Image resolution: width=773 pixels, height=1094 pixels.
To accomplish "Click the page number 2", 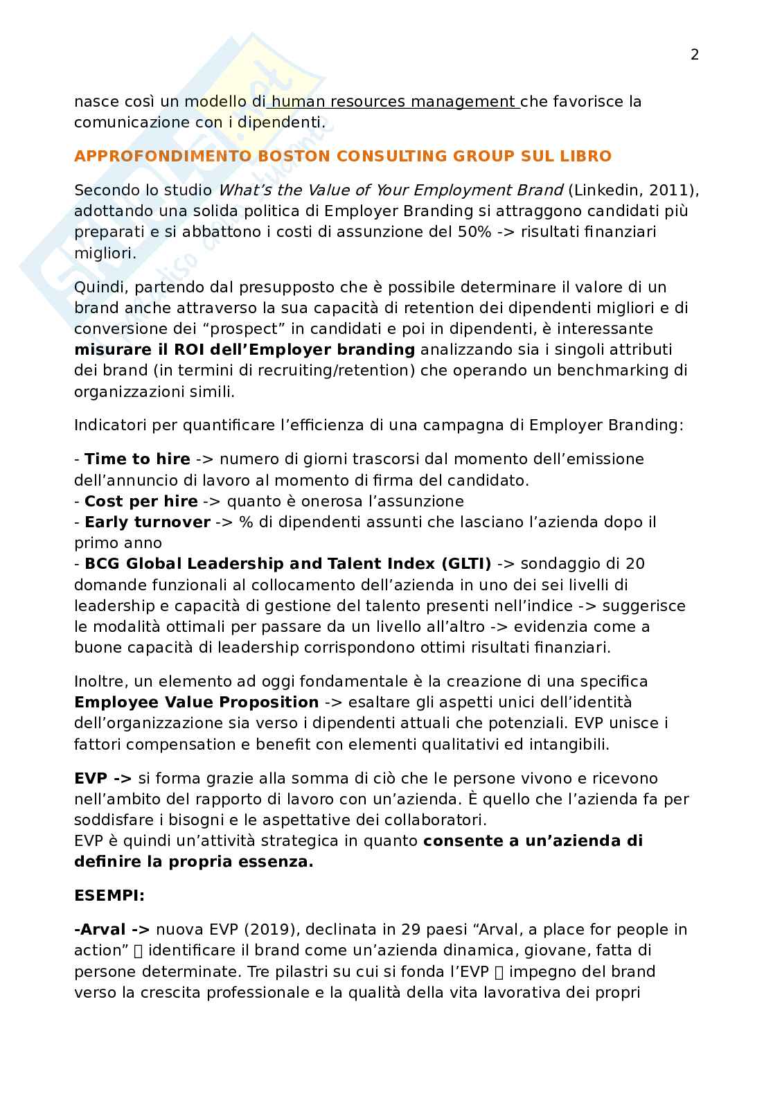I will pyautogui.click(x=695, y=55).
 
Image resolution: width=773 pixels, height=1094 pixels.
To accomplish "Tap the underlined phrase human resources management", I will pyautogui.click(x=393, y=102).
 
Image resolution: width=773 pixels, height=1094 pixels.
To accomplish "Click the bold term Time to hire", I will pyautogui.click(x=137, y=459).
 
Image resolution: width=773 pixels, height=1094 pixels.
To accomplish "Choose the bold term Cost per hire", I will pyautogui.click(x=141, y=501).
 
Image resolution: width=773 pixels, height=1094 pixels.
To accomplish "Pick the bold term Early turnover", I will pyautogui.click(x=147, y=522).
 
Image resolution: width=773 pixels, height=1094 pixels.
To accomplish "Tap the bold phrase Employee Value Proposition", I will pyautogui.click(x=197, y=702).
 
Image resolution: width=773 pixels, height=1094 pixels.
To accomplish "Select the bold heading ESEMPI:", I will pyautogui.click(x=109, y=895).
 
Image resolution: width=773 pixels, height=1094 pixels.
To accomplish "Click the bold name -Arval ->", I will pyautogui.click(x=112, y=929).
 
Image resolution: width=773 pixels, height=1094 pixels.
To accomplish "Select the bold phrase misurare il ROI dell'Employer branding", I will pyautogui.click(x=245, y=349).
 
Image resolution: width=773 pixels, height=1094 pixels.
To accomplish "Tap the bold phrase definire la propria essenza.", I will pyautogui.click(x=194, y=862).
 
